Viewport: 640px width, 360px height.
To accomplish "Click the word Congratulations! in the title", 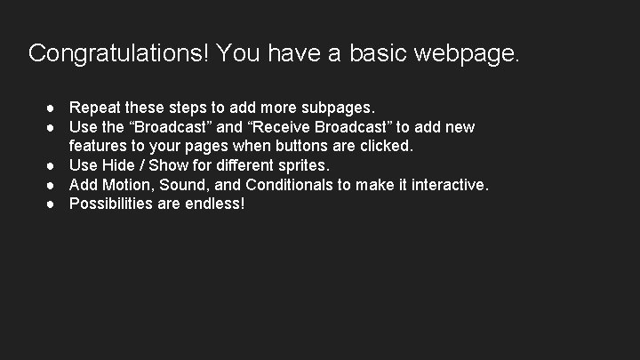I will coord(117,53).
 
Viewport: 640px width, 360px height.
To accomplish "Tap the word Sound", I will coord(186,184).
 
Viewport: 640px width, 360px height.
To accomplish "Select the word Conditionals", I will coord(293,184).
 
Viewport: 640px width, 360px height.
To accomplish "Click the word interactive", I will coord(447,184).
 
